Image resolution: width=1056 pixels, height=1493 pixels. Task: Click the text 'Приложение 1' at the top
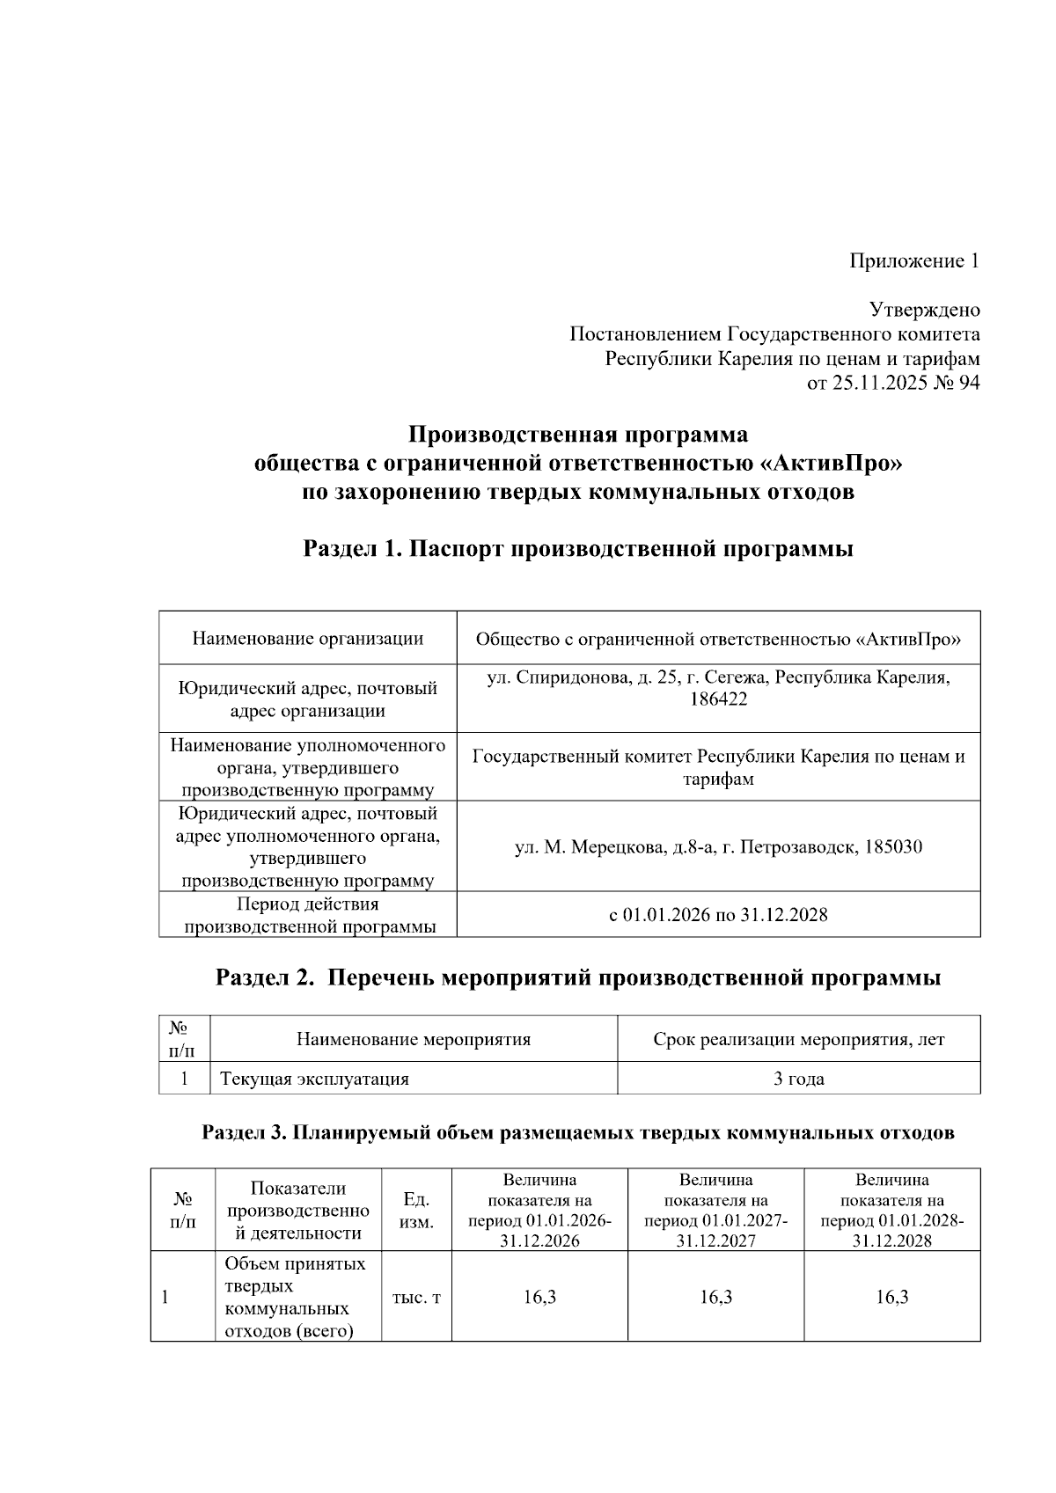[913, 261]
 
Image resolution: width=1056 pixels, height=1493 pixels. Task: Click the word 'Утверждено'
[924, 311]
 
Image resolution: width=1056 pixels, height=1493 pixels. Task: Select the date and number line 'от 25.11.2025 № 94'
[893, 384]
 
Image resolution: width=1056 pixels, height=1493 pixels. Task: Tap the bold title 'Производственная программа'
[578, 435]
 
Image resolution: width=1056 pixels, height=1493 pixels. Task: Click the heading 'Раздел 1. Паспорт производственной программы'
[578, 550]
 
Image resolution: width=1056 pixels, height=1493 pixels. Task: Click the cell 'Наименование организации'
[308, 639]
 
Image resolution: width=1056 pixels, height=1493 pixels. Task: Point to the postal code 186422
[718, 700]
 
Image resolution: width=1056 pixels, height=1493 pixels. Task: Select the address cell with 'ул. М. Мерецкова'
[718, 848]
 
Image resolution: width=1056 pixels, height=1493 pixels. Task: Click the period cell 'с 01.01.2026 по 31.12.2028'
[718, 915]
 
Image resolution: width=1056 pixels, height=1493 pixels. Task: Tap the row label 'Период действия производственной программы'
[308, 915]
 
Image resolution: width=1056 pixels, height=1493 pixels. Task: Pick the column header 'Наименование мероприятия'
[414, 1040]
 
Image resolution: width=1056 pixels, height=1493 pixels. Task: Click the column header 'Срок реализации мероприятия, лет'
[798, 1040]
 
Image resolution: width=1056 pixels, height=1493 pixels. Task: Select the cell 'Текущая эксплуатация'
[314, 1079]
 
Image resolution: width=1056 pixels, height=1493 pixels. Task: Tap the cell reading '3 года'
[798, 1079]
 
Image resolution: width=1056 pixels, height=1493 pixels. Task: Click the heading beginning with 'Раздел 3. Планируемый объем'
[578, 1133]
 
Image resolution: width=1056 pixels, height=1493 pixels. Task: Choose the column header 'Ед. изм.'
[416, 1211]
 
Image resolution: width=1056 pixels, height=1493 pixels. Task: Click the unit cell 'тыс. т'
[416, 1298]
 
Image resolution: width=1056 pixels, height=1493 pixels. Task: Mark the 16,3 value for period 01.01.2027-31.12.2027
[715, 1298]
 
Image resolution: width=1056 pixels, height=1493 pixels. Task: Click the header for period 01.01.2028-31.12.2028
[891, 1211]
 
